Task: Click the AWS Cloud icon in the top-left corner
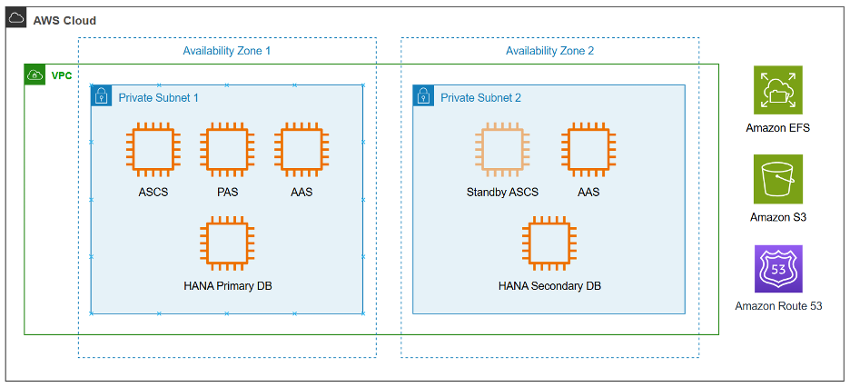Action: point(16,19)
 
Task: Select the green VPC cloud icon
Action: point(35,74)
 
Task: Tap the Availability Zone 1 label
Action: point(227,51)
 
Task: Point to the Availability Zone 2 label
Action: point(549,51)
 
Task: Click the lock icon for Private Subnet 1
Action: point(102,96)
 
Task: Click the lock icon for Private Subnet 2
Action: point(423,96)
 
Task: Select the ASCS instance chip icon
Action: point(153,151)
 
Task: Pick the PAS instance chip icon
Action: point(227,151)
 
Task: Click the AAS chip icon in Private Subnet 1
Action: point(302,151)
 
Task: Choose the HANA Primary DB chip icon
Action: point(227,243)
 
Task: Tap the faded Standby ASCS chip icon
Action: point(501,151)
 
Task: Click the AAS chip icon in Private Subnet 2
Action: point(588,151)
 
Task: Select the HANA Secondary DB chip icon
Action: point(549,243)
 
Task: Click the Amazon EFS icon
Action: point(777,90)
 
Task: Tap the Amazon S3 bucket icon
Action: point(777,179)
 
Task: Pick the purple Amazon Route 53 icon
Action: point(777,269)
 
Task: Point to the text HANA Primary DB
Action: point(228,286)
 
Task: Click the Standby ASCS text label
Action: point(502,193)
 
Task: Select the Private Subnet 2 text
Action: point(480,97)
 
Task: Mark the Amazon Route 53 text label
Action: point(778,306)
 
